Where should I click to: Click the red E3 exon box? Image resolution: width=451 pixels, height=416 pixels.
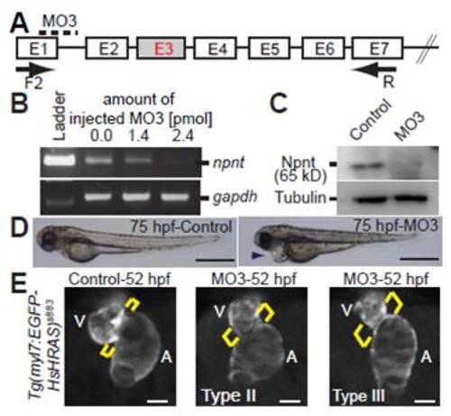[x=161, y=48]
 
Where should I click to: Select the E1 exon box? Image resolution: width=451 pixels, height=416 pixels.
[x=37, y=48]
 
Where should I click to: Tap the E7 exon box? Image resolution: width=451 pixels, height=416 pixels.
[x=377, y=48]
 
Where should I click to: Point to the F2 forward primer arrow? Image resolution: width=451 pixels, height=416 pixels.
[x=35, y=69]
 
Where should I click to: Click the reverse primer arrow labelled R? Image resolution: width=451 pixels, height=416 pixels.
[x=374, y=70]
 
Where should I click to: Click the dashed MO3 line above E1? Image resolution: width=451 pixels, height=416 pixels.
[x=59, y=32]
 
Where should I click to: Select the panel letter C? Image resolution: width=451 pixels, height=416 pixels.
[x=279, y=103]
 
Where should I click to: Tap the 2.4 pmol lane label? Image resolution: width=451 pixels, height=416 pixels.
[x=183, y=136]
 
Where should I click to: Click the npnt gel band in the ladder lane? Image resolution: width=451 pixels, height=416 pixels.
[x=60, y=160]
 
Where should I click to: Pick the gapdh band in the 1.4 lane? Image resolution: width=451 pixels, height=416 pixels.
[x=138, y=198]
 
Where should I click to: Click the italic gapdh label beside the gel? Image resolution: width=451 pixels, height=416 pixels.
[x=235, y=197]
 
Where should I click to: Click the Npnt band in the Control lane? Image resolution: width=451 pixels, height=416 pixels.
[x=366, y=165]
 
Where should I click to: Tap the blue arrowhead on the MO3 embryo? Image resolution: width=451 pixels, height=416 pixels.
[x=257, y=255]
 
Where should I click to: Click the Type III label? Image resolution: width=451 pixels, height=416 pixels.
[x=359, y=395]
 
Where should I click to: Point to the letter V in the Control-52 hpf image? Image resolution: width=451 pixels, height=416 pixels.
[x=79, y=321]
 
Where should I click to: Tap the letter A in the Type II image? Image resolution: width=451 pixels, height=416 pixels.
[x=291, y=356]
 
